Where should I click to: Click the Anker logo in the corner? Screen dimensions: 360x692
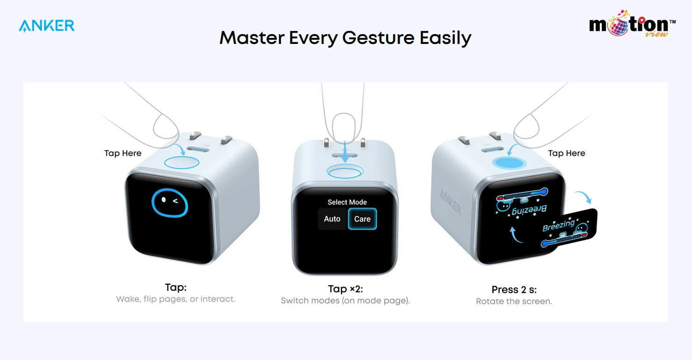pyautogui.click(x=47, y=26)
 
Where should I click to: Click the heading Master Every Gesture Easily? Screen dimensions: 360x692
pyautogui.click(x=345, y=38)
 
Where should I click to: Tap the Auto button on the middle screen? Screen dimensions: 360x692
pyautogui.click(x=332, y=219)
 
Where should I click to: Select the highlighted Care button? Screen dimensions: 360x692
pyautogui.click(x=362, y=219)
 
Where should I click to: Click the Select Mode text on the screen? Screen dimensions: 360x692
pyautogui.click(x=347, y=202)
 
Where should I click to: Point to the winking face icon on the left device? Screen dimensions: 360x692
pyautogui.click(x=169, y=203)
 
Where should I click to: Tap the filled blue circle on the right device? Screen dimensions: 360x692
pyautogui.click(x=509, y=163)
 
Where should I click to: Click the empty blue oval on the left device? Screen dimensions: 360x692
pyautogui.click(x=181, y=163)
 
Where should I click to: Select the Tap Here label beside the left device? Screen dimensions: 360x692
pyautogui.click(x=123, y=153)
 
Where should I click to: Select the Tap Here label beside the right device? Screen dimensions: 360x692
pyautogui.click(x=566, y=153)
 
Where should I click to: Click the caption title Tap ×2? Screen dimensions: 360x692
pyautogui.click(x=345, y=289)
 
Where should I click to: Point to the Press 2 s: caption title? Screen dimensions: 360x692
pyautogui.click(x=514, y=289)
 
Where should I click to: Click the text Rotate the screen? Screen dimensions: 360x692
pyautogui.click(x=514, y=302)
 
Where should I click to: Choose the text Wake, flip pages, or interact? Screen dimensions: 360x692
pyautogui.click(x=176, y=299)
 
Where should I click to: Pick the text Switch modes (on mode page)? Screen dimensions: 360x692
pyautogui.click(x=345, y=301)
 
